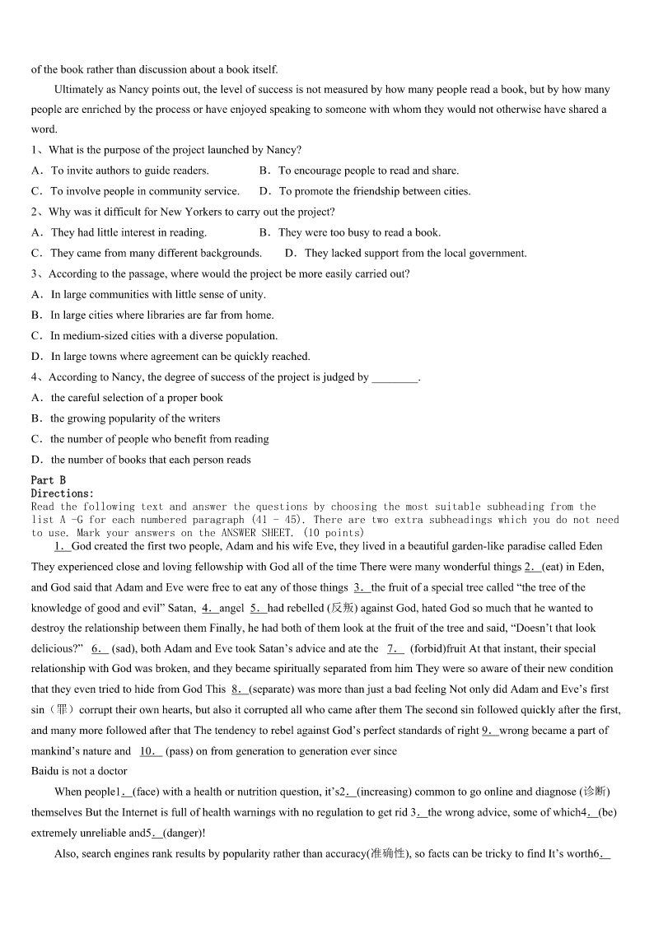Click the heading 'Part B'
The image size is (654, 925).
tap(49, 480)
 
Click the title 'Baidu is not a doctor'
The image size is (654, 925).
tap(79, 771)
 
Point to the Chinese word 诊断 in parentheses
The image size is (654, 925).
tap(594, 792)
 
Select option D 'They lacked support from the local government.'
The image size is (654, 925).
tap(405, 253)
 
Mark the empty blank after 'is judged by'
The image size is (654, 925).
tap(395, 377)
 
